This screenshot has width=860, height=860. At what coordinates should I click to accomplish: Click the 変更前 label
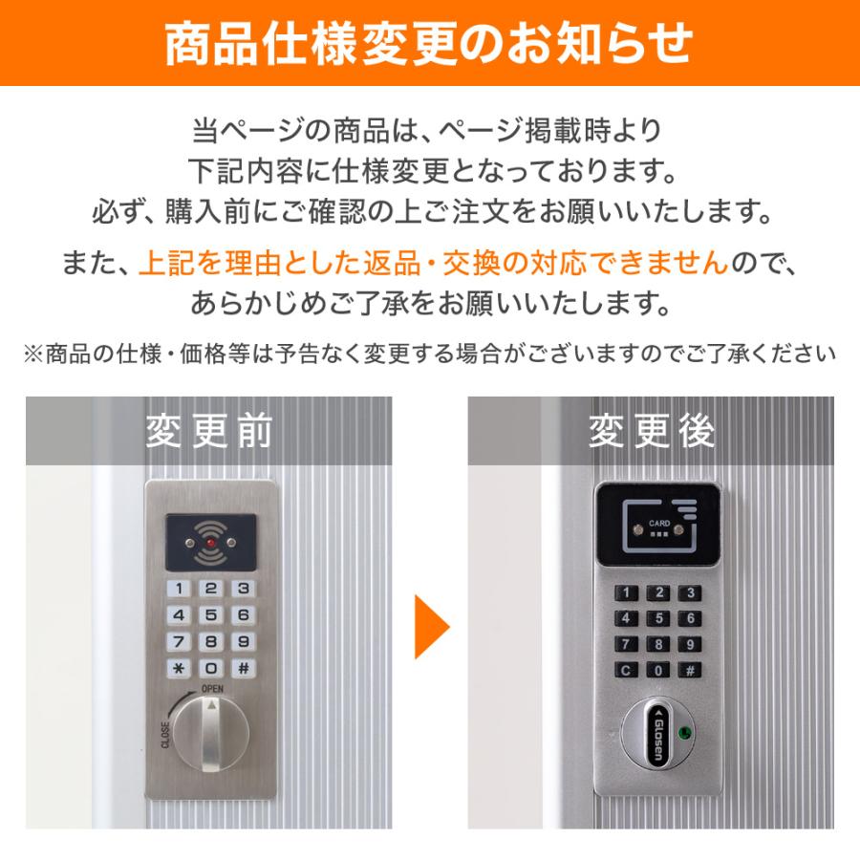pos(209,432)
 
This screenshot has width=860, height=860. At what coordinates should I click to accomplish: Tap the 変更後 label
pos(651,432)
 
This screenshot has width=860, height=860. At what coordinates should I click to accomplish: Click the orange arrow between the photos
pos(431,628)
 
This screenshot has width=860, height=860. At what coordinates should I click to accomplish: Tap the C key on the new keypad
pos(626,669)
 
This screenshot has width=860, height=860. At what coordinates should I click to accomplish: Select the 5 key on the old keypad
pos(211,615)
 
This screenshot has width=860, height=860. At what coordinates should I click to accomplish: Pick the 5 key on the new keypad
pos(657,618)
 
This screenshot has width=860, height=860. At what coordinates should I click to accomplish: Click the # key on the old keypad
pos(244,668)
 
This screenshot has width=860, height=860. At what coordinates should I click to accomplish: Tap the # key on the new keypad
pos(689,669)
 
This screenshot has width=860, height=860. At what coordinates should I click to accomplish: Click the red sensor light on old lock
pos(210,545)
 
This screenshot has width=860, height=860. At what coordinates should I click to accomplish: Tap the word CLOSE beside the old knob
pos(165,736)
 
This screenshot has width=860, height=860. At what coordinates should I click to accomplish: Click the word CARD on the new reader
pos(658,523)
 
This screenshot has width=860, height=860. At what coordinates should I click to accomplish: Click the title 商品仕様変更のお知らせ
pos(430,44)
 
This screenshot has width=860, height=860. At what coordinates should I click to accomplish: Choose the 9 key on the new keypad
pos(689,643)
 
